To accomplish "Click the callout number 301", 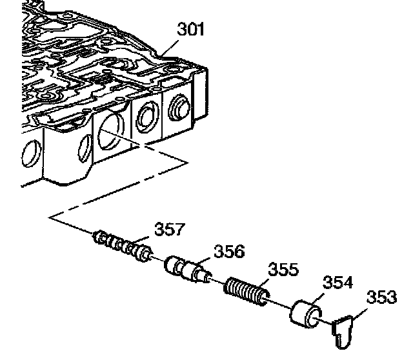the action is click(x=191, y=29).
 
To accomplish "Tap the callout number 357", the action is click(x=170, y=229).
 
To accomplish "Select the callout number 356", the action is click(x=229, y=251).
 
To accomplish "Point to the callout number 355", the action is click(x=283, y=269).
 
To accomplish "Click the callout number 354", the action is click(x=337, y=282).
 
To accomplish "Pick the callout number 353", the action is click(x=381, y=297).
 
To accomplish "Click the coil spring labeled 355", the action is click(x=247, y=292).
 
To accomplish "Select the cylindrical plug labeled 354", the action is click(x=305, y=314).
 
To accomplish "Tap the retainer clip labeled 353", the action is click(x=343, y=332).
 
